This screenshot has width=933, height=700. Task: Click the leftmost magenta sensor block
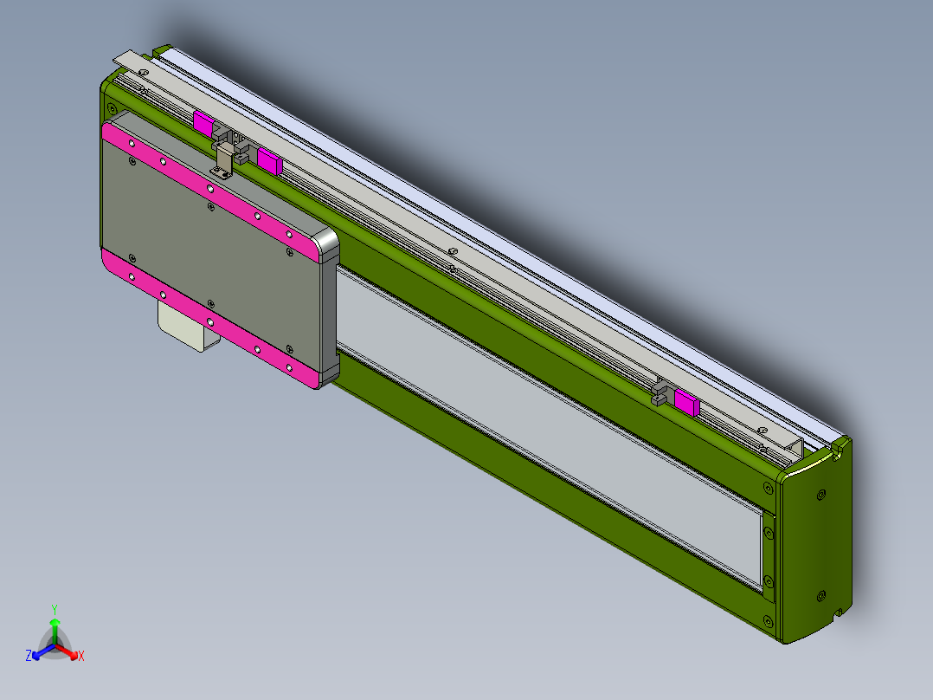click(203, 122)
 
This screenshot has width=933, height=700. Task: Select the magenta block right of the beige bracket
click(269, 159)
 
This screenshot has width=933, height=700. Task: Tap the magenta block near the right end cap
click(687, 402)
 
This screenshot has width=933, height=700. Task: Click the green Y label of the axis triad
click(55, 608)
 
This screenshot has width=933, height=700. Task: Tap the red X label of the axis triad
click(81, 657)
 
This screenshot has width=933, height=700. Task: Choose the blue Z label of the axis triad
click(29, 657)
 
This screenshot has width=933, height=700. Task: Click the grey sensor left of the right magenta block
click(663, 392)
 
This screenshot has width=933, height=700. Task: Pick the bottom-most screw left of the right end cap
click(768, 619)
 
